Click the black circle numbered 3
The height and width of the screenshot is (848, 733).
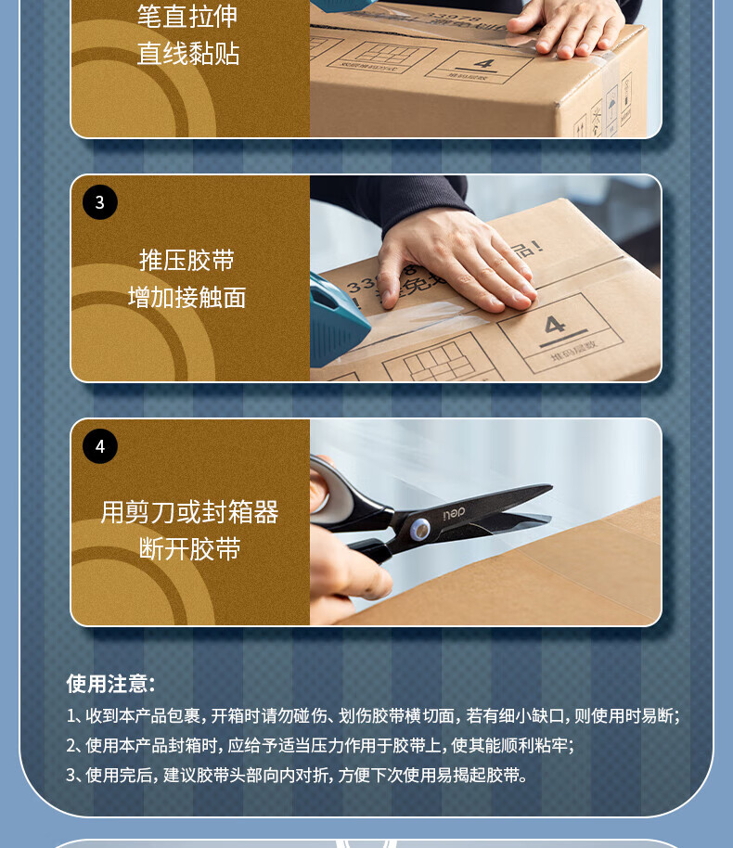pyautogui.click(x=100, y=202)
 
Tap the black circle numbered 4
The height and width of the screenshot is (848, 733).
pyautogui.click(x=100, y=446)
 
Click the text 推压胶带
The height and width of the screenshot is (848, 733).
pyautogui.click(x=186, y=260)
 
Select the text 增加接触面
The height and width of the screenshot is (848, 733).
pyautogui.click(x=186, y=298)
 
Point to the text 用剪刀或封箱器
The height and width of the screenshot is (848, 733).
pyautogui.click(x=189, y=512)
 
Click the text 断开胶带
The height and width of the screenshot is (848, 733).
pyautogui.click(x=189, y=549)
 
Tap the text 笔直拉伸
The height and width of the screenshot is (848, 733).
pyautogui.click(x=187, y=16)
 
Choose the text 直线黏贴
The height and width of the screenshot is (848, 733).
pyautogui.click(x=187, y=54)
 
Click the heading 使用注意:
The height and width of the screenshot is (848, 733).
pyautogui.click(x=111, y=684)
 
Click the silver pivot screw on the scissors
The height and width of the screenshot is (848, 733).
pyautogui.click(x=419, y=530)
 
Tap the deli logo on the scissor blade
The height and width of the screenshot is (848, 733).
pyautogui.click(x=454, y=514)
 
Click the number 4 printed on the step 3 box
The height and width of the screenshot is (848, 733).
pyautogui.click(x=555, y=325)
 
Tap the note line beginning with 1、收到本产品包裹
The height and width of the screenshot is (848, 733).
pyautogui.click(x=373, y=716)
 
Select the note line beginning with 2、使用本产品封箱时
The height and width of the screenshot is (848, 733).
pyautogui.click(x=320, y=746)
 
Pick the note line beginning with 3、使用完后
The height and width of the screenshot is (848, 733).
pyautogui.click(x=296, y=776)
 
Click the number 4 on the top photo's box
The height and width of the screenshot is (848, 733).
pyautogui.click(x=484, y=64)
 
